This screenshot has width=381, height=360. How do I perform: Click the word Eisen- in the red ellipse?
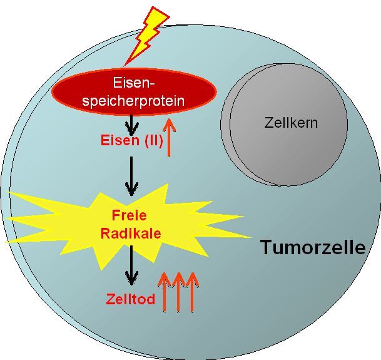click(x=134, y=83)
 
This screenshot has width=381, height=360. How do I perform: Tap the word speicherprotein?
click(x=133, y=101)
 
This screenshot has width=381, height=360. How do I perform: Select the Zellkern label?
click(x=291, y=123)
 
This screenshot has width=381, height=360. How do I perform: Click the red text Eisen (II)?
click(x=131, y=141)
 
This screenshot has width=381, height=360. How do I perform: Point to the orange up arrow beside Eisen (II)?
click(x=169, y=138)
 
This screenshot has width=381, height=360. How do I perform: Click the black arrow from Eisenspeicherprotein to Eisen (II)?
click(x=131, y=125)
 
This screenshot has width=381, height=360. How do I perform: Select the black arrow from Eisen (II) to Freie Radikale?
click(x=131, y=177)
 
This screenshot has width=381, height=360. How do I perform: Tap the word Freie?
click(x=129, y=215)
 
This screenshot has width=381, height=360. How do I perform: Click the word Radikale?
click(x=131, y=234)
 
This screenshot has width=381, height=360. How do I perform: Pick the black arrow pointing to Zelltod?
click(x=131, y=265)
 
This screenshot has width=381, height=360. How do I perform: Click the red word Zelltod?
click(x=131, y=299)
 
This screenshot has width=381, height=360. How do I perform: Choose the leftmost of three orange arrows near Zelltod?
click(x=165, y=292)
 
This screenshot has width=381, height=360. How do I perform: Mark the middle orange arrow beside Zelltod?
click(x=178, y=292)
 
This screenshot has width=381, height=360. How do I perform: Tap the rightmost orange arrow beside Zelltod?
click(x=193, y=292)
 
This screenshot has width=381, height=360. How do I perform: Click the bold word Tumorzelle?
click(x=313, y=247)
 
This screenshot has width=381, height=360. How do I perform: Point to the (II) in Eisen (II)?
click(x=153, y=141)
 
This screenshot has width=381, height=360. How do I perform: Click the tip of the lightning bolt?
click(x=124, y=66)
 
